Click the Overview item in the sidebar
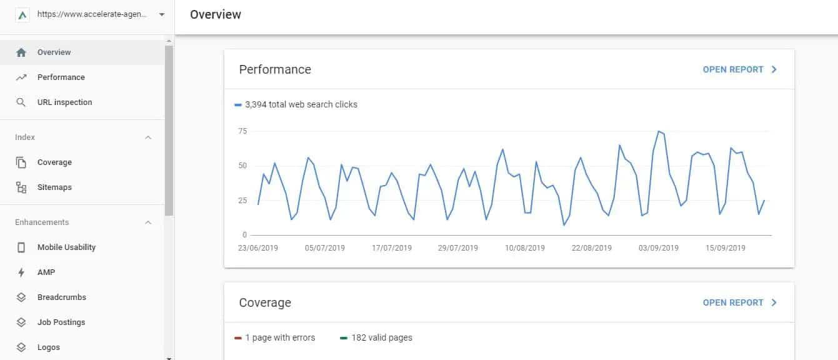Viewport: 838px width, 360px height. [54, 52]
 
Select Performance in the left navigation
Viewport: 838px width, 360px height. [61, 77]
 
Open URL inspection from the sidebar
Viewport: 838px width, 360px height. [64, 102]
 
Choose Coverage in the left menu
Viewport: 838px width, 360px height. [54, 162]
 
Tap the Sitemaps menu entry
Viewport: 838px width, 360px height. [54, 187]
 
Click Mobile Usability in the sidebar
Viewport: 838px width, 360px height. [66, 247]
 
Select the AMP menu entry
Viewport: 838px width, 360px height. [46, 272]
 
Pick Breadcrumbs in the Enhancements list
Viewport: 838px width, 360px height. [61, 297]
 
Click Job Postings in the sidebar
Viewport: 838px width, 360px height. [61, 322]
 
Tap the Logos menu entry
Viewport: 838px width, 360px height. [49, 347]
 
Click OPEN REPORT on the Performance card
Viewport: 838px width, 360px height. [739, 69]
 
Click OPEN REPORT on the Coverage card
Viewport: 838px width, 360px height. [739, 302]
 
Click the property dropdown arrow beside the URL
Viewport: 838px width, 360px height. [162, 14]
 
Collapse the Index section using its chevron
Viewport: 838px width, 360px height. [148, 137]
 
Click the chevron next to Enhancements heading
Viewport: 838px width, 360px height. [148, 222]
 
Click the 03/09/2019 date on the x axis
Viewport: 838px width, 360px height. [658, 248]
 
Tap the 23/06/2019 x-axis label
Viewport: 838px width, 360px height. [257, 248]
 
